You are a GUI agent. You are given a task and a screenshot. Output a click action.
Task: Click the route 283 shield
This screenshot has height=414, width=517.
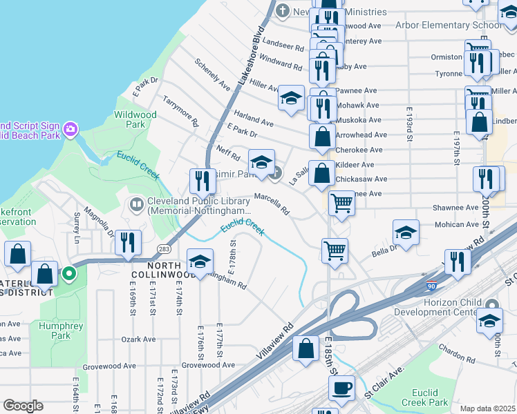point(164,248)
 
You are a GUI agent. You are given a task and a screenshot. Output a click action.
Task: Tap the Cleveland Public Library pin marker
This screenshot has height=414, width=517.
point(135,205)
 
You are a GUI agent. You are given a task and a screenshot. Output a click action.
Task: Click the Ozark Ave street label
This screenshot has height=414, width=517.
point(139,339)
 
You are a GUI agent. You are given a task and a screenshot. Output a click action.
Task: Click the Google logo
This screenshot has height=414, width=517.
point(23,406)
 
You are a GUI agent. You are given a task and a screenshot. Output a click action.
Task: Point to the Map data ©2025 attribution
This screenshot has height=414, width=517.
point(487,408)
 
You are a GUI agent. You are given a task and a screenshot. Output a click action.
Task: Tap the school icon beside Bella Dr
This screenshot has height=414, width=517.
point(406,233)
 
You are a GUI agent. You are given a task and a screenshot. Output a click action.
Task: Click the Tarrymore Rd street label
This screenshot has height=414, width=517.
point(180,112)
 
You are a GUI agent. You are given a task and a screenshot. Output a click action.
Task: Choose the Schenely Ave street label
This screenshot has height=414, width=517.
point(212,75)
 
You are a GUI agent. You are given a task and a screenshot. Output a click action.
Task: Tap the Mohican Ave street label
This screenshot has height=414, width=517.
point(456,225)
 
